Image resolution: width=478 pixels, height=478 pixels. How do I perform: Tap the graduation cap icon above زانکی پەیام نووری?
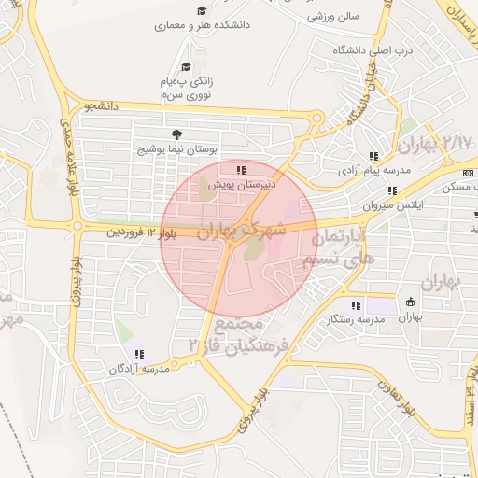pyautogui.click(x=186, y=66)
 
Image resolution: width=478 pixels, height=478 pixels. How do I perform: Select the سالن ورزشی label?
pyautogui.click(x=334, y=17)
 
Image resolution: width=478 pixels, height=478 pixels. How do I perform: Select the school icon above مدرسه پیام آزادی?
pyautogui.click(x=373, y=156)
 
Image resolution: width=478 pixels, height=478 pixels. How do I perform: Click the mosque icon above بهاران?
pyautogui.click(x=410, y=302)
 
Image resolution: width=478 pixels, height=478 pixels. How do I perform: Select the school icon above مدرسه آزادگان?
pyautogui.click(x=139, y=354)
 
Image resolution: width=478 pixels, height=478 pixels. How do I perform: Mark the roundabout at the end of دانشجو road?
pyautogui.click(x=318, y=119)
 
